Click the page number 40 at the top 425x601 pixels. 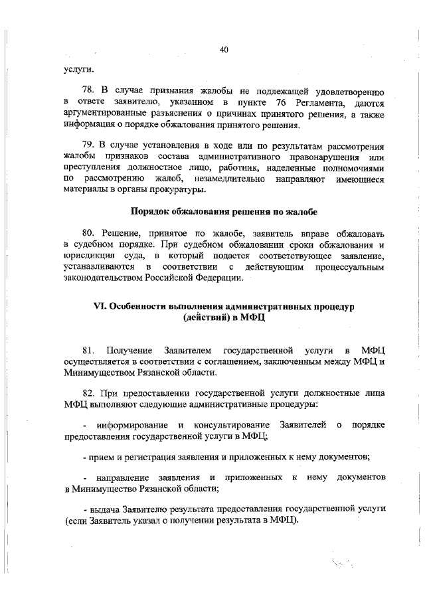pyautogui.click(x=223, y=48)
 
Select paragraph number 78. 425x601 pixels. pyautogui.click(x=89, y=90)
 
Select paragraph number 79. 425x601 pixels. pyautogui.click(x=89, y=145)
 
